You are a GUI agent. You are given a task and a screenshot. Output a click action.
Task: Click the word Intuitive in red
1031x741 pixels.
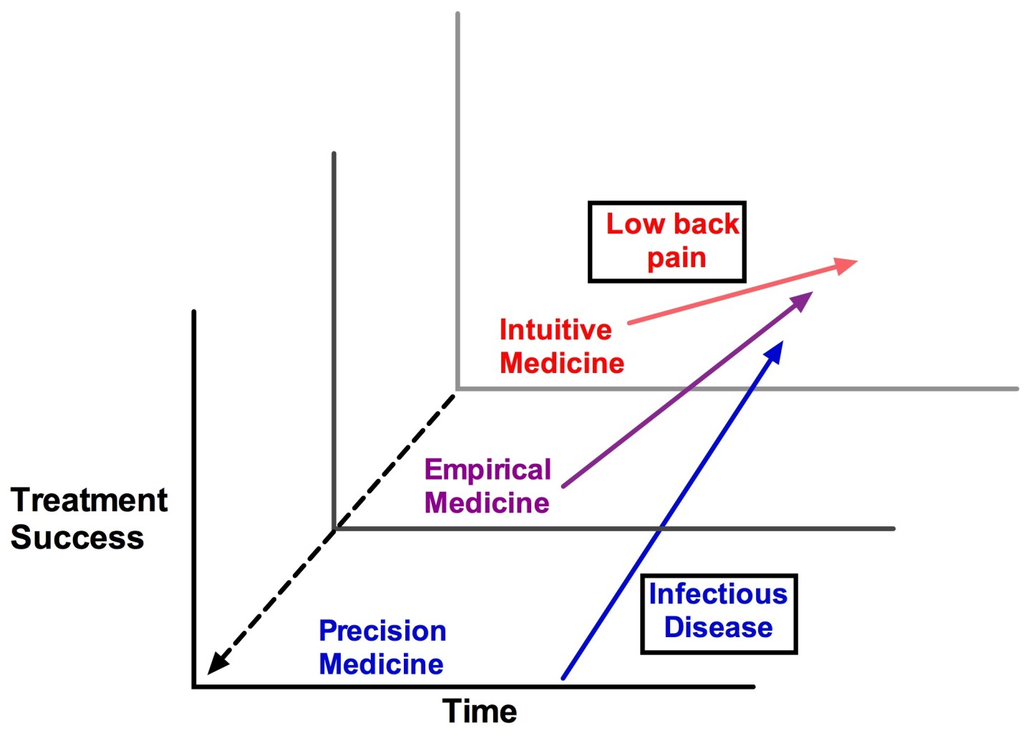[x=556, y=330]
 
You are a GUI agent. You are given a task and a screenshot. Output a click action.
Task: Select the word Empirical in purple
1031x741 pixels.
[x=488, y=470]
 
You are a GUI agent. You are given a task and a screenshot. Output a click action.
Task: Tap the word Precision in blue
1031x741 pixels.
[x=382, y=631]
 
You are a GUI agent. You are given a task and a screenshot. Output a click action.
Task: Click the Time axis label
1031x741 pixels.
[x=480, y=711]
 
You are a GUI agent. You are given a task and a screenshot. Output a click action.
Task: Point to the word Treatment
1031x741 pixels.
[x=89, y=500]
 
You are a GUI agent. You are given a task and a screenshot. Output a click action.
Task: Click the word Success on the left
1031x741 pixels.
[x=77, y=537]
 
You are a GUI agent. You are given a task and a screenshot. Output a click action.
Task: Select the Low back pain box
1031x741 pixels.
[x=667, y=242]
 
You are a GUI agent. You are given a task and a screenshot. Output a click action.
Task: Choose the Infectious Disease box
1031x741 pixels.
[x=719, y=614]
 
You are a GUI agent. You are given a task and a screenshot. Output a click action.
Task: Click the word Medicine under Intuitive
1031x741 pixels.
[x=562, y=363]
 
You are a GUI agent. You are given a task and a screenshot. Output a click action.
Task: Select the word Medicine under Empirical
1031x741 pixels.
[x=487, y=503]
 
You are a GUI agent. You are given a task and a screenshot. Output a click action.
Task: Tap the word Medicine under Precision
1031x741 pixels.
[x=381, y=664]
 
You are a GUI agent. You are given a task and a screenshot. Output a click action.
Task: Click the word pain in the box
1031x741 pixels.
[x=677, y=258]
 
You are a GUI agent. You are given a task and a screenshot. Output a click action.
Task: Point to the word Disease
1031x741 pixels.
[x=718, y=627]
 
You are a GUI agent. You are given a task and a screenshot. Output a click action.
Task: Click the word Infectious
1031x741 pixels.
[x=718, y=594]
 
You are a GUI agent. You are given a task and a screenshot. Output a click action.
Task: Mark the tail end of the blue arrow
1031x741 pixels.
[x=563, y=677]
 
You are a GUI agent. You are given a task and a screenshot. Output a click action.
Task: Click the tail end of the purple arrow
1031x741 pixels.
[x=564, y=486]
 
